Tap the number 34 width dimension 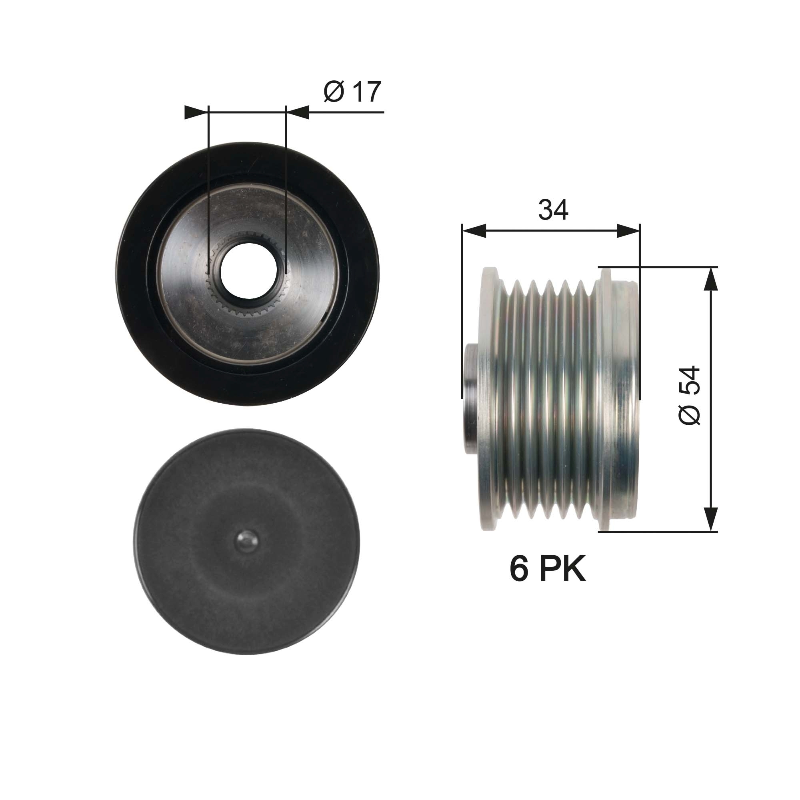(553, 210)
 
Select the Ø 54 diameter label (690, 395)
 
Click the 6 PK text (548, 569)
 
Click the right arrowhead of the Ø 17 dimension (298, 112)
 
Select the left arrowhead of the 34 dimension (474, 231)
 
